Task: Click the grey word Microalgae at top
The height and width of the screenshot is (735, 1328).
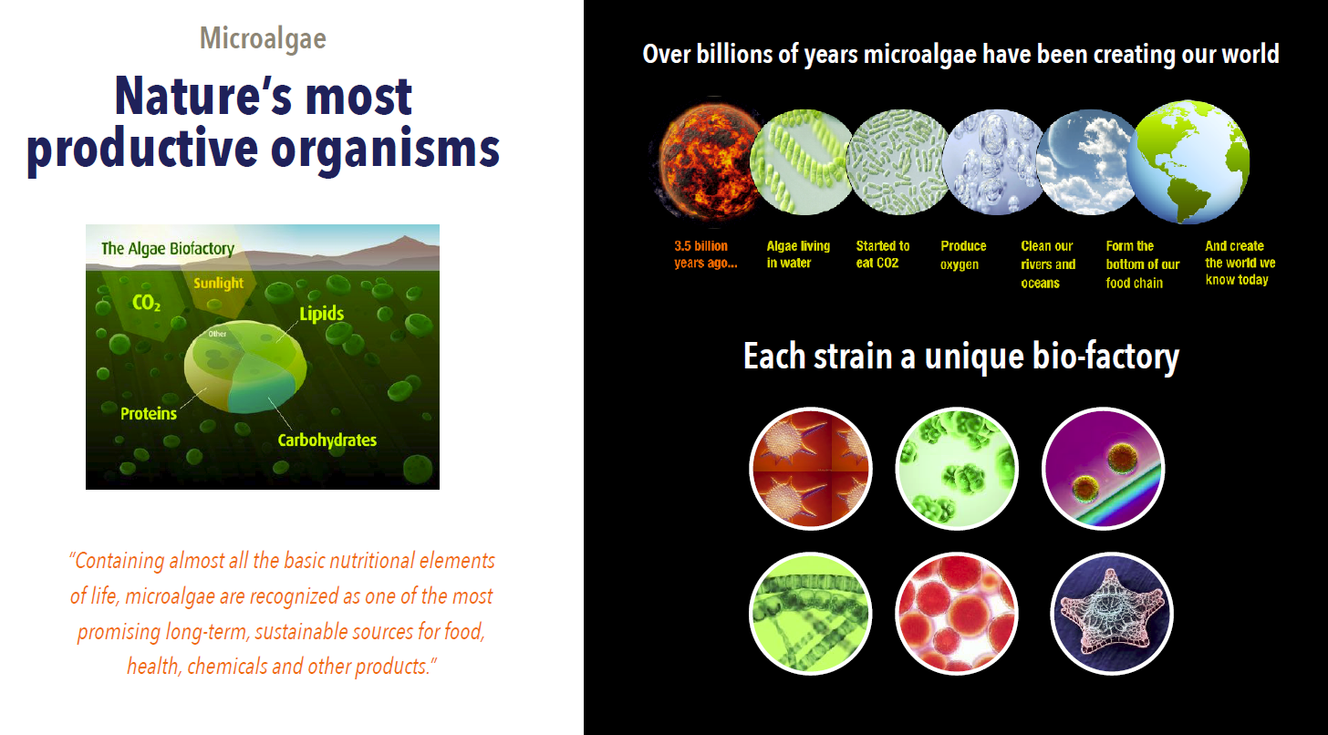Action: click(263, 39)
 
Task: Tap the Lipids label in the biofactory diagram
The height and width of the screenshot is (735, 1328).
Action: click(321, 314)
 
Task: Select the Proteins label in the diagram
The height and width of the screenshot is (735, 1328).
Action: click(148, 413)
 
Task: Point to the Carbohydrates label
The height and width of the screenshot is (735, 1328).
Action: click(327, 440)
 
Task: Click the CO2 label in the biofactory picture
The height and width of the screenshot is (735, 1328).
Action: click(146, 303)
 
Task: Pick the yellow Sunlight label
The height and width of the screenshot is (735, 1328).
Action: click(218, 284)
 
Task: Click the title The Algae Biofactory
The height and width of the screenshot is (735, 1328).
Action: click(168, 248)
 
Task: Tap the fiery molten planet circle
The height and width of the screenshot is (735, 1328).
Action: click(709, 161)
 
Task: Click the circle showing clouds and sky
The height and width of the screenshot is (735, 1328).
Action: click(1087, 161)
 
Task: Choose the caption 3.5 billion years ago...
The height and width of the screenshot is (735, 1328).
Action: click(706, 254)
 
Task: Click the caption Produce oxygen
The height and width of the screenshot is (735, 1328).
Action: click(963, 255)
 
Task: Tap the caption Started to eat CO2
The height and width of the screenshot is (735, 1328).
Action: click(882, 254)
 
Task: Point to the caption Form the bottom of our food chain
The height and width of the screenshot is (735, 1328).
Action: click(1143, 264)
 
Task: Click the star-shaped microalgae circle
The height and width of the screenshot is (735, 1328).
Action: click(1112, 614)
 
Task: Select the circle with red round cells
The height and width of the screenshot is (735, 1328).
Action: click(957, 614)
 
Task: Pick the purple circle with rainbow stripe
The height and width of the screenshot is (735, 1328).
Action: click(1104, 469)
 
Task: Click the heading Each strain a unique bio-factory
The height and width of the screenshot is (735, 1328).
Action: click(961, 357)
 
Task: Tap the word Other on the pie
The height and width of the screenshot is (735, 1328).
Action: click(217, 334)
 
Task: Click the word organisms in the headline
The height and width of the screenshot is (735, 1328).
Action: click(385, 148)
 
